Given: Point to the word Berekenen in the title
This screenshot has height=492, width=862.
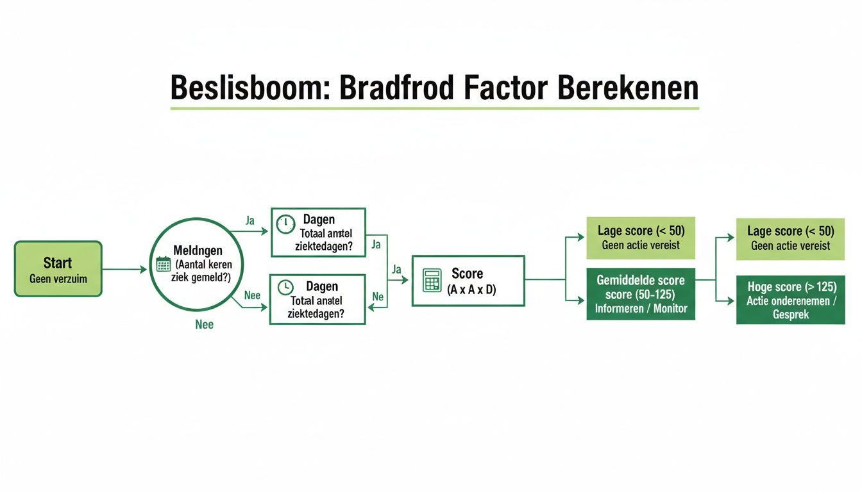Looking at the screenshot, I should pos(628,88).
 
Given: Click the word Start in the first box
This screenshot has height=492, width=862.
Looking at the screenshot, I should pos(58,263).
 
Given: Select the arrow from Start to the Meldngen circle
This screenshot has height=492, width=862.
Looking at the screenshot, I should pos(124,270).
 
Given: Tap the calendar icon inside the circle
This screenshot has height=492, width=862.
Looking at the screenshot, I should pos(163,264).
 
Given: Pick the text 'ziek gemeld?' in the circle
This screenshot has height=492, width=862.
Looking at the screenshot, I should pos(205,276).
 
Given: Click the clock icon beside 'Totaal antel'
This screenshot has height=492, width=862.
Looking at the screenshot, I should pos(285,224).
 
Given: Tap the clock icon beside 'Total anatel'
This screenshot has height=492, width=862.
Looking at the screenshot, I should pos(285,288).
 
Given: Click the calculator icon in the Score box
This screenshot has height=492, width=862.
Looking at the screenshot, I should pos(432,281).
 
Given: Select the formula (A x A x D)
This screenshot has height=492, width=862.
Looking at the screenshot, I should pos(471,290).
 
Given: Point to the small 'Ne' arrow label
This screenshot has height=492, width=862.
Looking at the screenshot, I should pos(378,297).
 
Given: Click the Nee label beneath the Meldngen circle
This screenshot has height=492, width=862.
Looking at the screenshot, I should pos(204,325).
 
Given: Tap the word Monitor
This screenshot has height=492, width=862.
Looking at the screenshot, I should pos(670,308).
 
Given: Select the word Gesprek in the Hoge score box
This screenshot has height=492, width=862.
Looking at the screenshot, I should pos(790,315).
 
